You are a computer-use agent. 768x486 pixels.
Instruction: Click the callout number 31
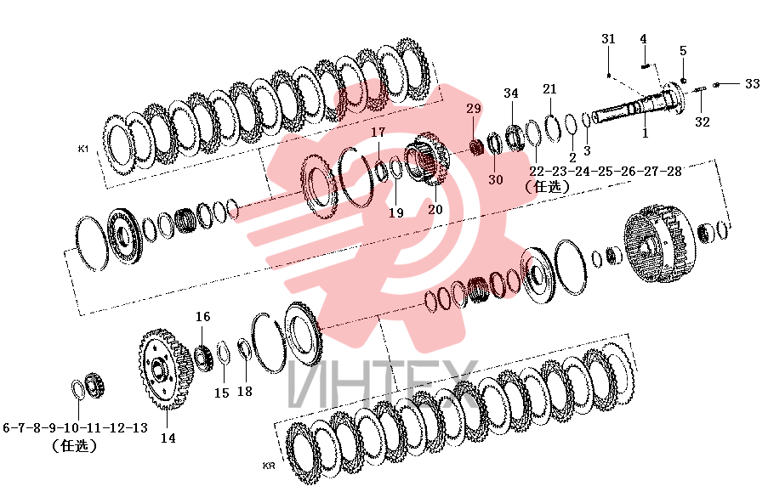[608, 39]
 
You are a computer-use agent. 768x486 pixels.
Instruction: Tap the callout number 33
[753, 84]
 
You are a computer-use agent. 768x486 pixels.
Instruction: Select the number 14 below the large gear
[168, 438]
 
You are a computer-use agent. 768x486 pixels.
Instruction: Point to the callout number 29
[474, 109]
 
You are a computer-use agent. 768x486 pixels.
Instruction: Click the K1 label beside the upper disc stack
[83, 149]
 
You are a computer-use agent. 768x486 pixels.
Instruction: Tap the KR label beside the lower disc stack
[269, 466]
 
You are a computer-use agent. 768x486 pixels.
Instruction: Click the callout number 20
[435, 210]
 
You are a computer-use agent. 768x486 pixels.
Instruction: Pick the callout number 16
[202, 317]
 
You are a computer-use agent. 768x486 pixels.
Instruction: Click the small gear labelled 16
[202, 359]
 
